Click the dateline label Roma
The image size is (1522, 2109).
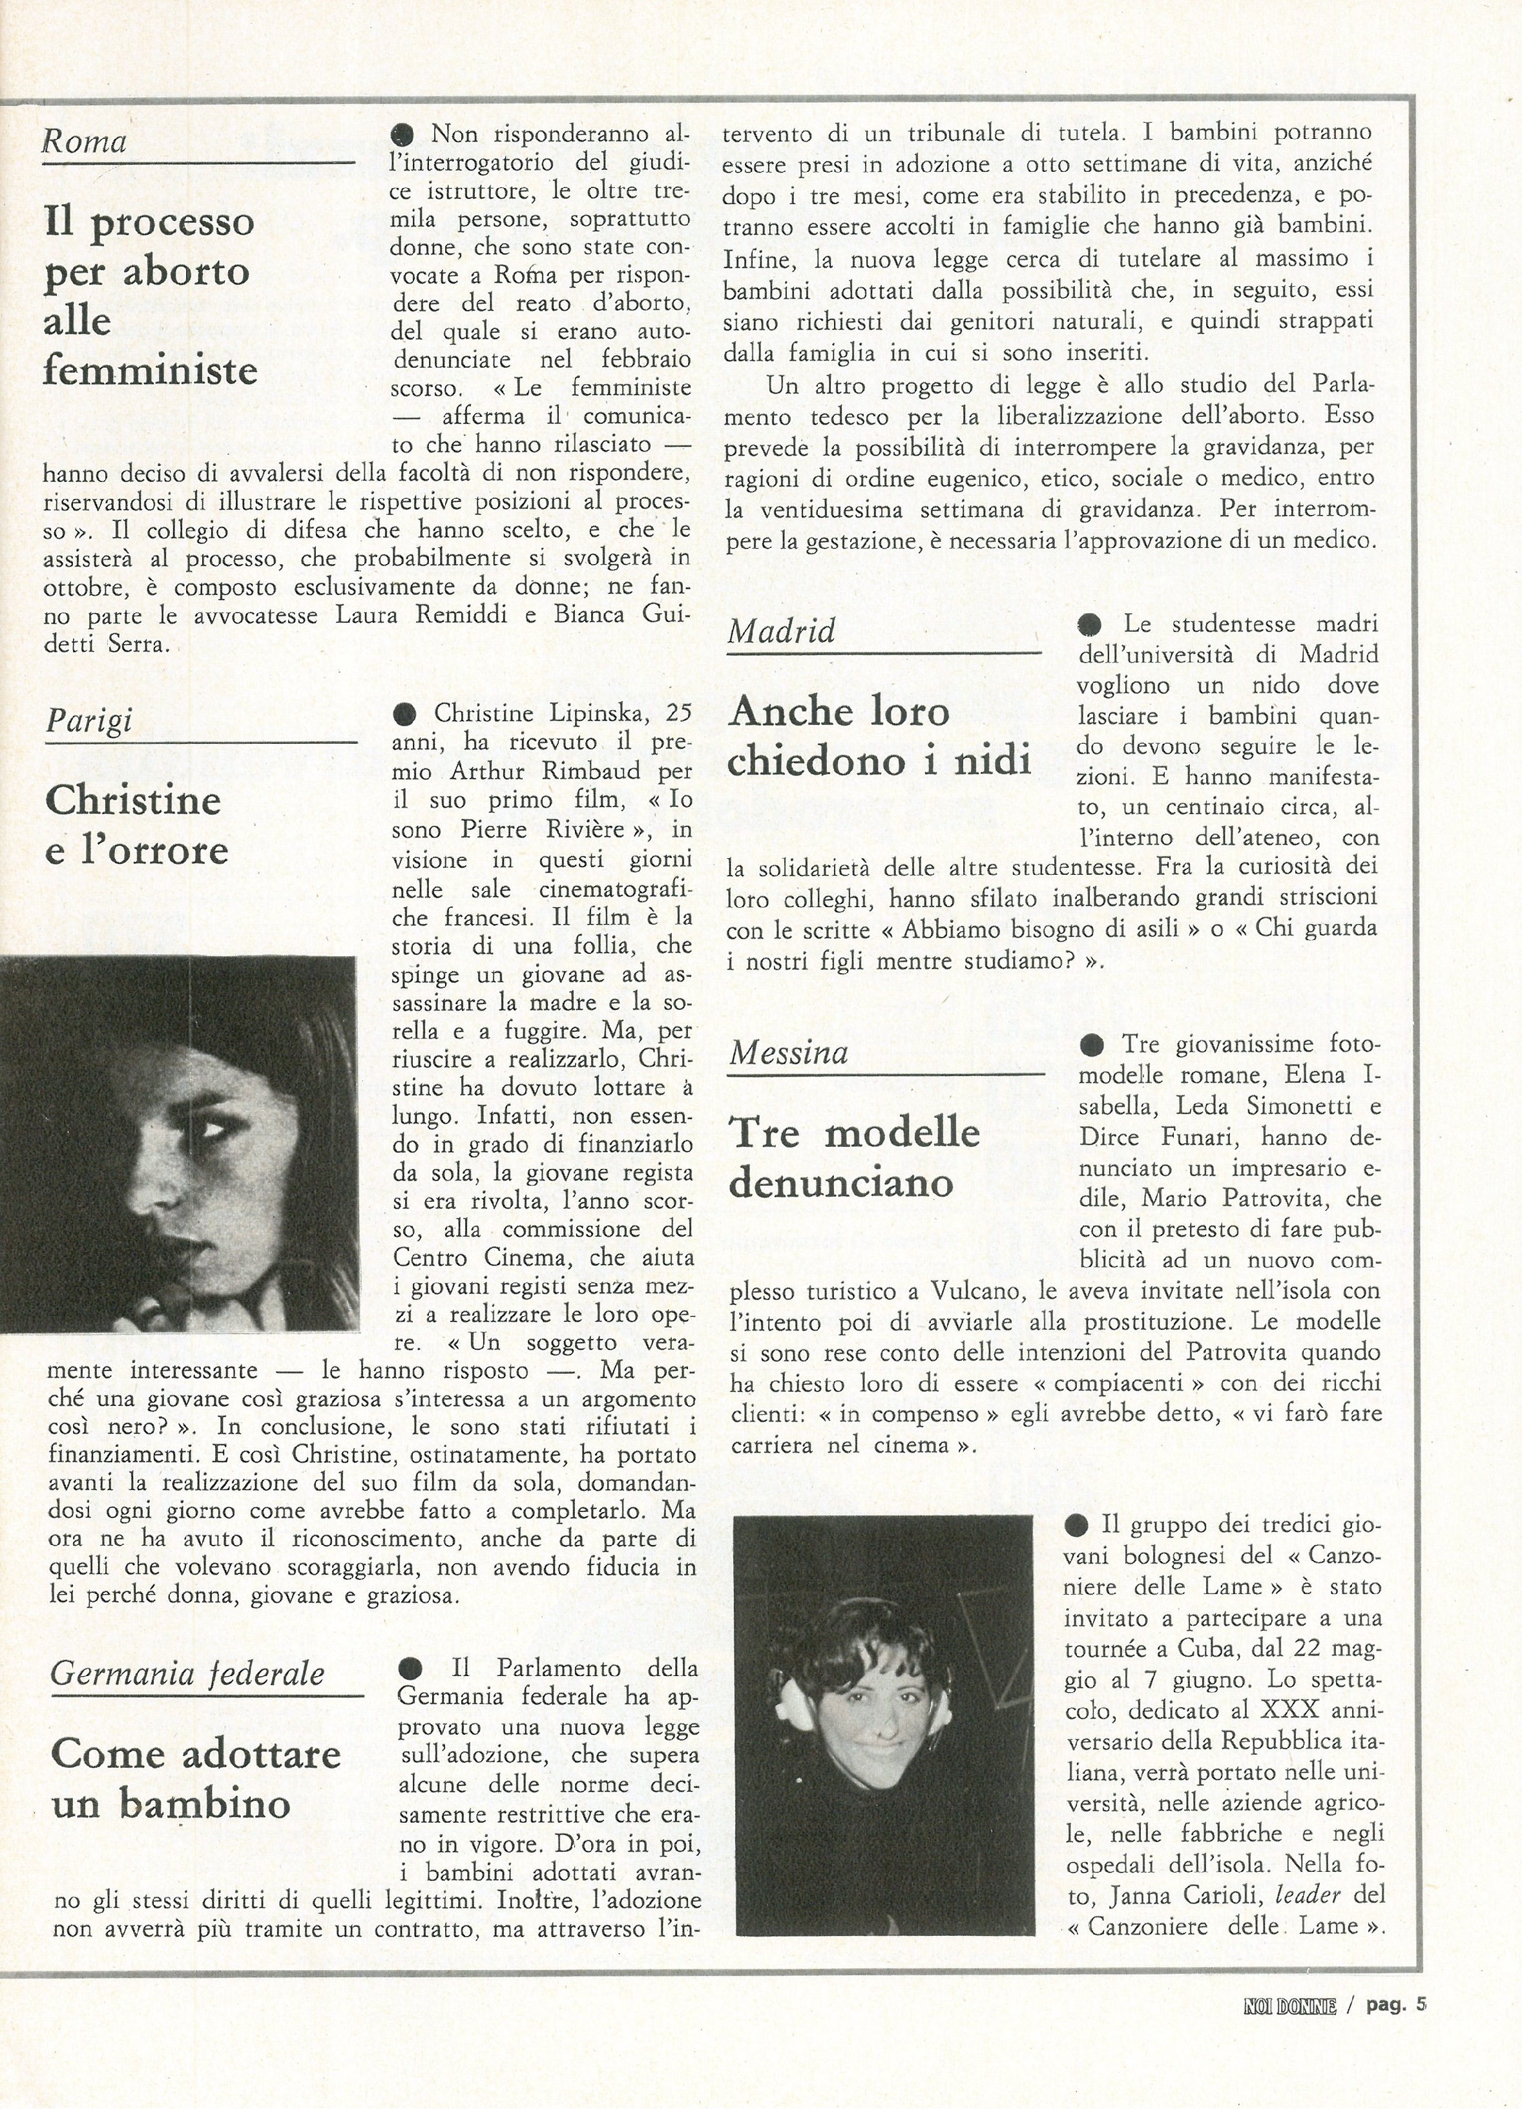click(x=85, y=142)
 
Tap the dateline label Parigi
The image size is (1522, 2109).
click(x=89, y=720)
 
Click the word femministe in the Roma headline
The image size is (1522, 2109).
click(x=150, y=371)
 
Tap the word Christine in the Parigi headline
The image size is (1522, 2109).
click(x=133, y=801)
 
